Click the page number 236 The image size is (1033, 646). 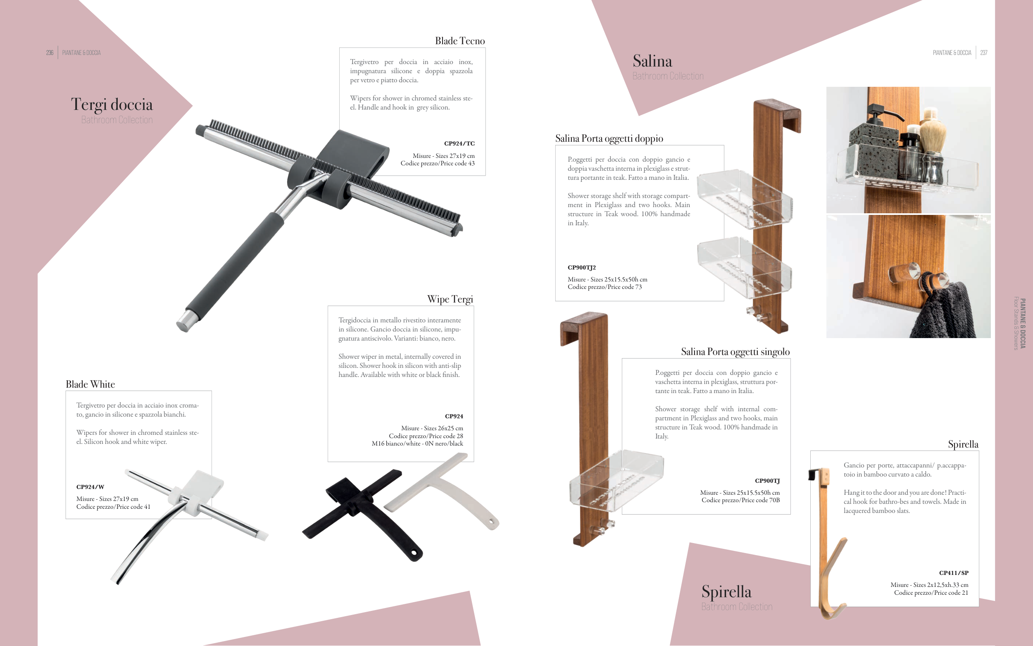tap(50, 52)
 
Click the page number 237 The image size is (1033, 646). tap(984, 52)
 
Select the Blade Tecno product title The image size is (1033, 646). tap(460, 41)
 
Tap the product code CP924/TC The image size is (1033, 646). tap(459, 143)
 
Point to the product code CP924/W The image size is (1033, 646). tap(90, 486)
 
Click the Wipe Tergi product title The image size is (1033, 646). tap(450, 299)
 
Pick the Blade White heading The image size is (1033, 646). tap(90, 384)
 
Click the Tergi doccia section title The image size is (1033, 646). tap(112, 104)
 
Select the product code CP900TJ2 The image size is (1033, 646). tap(582, 267)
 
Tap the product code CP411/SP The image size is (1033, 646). tap(954, 573)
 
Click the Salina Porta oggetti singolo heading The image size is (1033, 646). tap(735, 352)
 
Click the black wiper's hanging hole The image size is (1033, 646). tap(413, 553)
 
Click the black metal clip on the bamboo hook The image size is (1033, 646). tap(813, 474)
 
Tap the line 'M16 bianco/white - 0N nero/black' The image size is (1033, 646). tap(417, 443)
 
